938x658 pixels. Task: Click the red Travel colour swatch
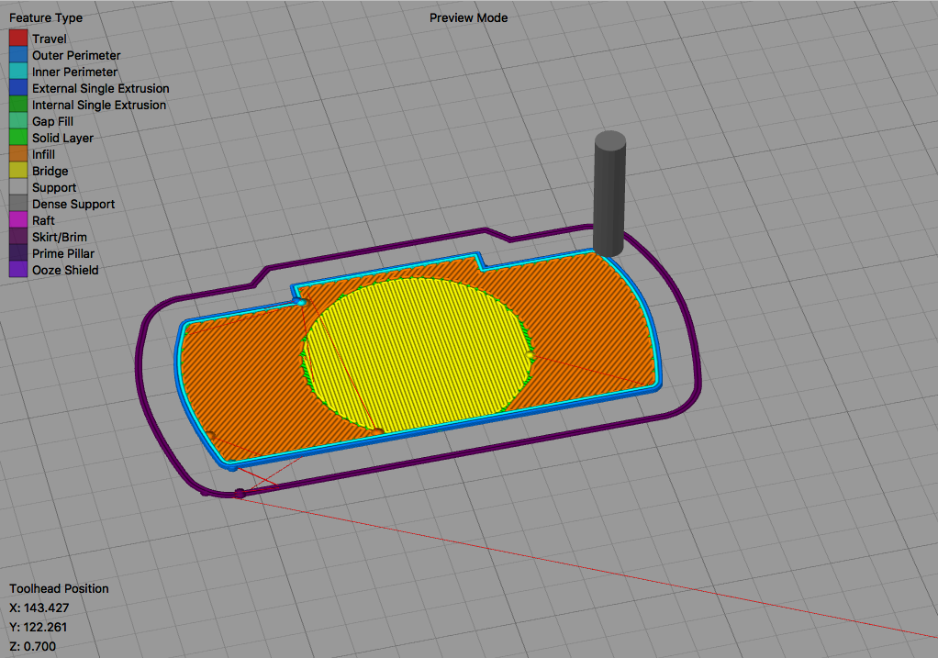coord(18,39)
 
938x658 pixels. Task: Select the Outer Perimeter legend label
coord(76,56)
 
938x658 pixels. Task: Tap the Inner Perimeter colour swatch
coord(18,72)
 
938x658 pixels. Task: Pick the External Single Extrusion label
coord(101,88)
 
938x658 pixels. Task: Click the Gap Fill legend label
coord(52,121)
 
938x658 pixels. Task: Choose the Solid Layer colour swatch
coord(18,138)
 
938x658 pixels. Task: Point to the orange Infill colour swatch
coord(18,154)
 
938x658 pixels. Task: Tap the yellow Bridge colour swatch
coord(18,171)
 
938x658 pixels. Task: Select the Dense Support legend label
coord(73,204)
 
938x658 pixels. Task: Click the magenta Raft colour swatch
coord(18,220)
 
